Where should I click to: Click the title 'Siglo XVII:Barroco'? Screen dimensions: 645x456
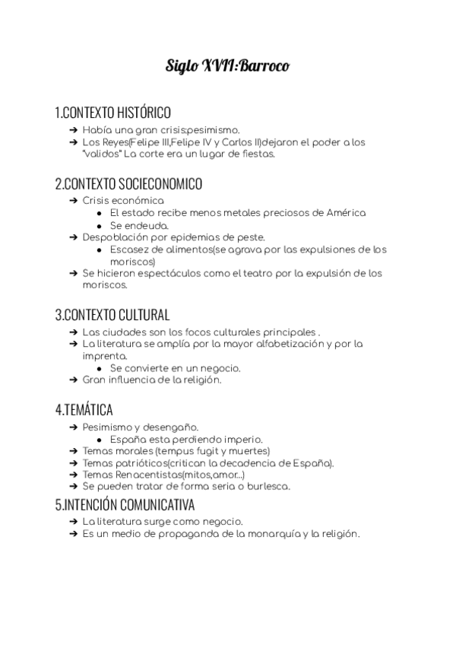227,66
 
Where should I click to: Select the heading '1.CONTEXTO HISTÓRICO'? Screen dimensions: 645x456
112,113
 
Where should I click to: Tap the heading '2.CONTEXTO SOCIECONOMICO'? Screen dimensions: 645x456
128,184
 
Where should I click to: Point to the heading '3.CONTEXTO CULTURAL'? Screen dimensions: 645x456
112,315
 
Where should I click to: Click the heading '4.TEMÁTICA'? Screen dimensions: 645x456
84,410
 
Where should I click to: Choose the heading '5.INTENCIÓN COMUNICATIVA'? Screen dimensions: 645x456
125,504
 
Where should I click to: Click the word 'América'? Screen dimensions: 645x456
346,213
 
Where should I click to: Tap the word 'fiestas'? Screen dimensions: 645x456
255,154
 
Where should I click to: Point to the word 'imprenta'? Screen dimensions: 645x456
105,356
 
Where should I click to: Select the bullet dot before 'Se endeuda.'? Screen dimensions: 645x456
100,226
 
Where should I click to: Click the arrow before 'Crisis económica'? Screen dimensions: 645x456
73,201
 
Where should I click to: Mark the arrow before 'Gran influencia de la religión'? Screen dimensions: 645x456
73,380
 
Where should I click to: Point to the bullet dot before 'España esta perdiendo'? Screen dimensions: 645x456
100,439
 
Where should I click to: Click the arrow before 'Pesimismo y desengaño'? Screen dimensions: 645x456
73,427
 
